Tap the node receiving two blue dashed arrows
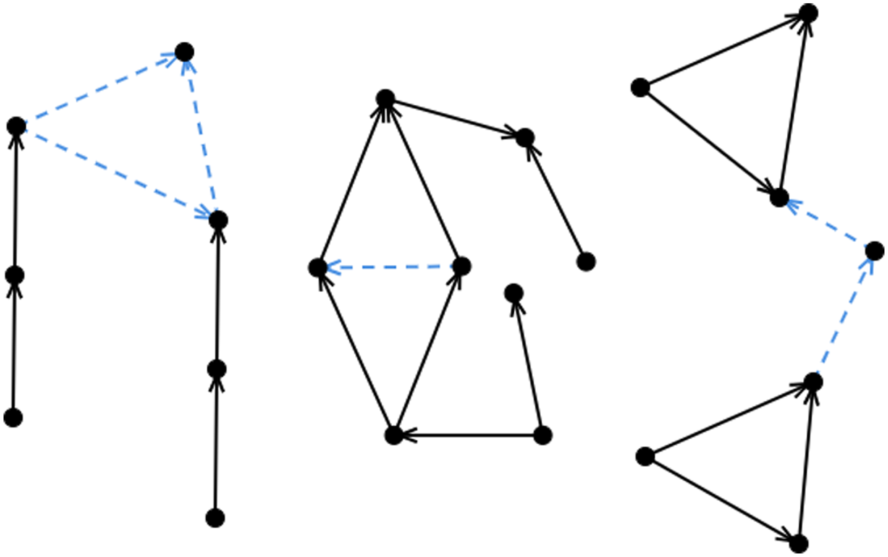pyautogui.click(x=184, y=52)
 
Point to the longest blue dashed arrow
pyautogui.click(x=117, y=173)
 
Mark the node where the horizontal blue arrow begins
pyautogui.click(x=461, y=266)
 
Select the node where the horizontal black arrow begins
pyautogui.click(x=543, y=435)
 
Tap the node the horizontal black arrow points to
pyautogui.click(x=394, y=435)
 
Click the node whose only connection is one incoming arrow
pyautogui.click(x=514, y=293)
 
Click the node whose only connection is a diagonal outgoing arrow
pyautogui.click(x=586, y=262)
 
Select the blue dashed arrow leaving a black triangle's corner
pyautogui.click(x=844, y=317)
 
